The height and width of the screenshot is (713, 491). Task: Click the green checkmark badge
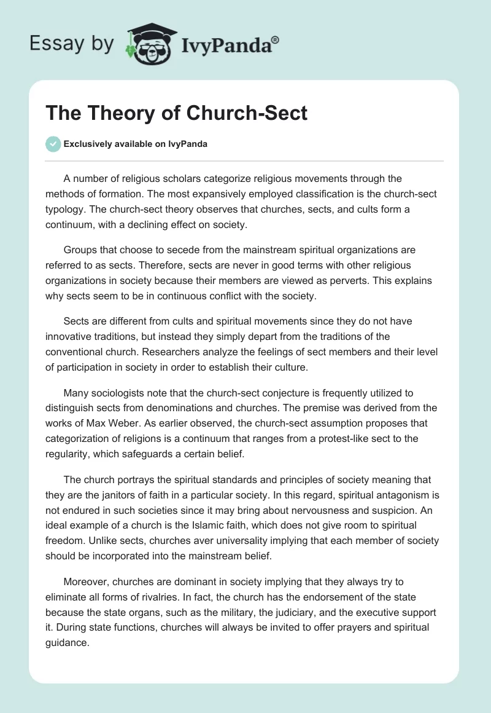53,144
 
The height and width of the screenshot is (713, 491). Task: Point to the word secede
185,250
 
